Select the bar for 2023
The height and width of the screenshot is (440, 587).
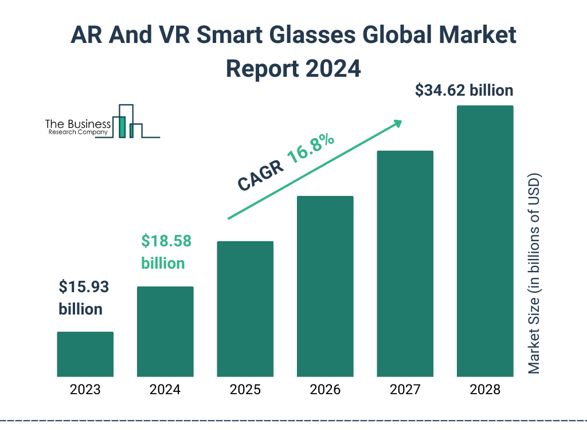pyautogui.click(x=85, y=354)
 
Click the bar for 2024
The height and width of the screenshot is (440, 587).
pyautogui.click(x=165, y=331)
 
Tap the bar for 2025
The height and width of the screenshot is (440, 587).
pyautogui.click(x=245, y=309)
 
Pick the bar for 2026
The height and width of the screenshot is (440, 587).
pyautogui.click(x=325, y=286)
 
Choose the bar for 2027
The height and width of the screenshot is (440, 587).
pyautogui.click(x=405, y=264)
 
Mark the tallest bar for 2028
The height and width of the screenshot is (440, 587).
pyautogui.click(x=485, y=241)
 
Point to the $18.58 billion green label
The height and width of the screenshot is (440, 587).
pyautogui.click(x=166, y=252)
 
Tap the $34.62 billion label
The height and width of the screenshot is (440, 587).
pyautogui.click(x=464, y=91)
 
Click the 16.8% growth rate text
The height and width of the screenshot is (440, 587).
pyautogui.click(x=311, y=149)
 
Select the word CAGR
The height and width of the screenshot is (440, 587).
pyautogui.click(x=261, y=175)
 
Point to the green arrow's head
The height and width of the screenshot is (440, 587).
pyautogui.click(x=396, y=123)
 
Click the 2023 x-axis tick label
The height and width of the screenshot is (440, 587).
pyautogui.click(x=85, y=390)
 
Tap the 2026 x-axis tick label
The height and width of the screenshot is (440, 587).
pyautogui.click(x=325, y=390)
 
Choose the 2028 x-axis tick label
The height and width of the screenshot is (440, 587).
pyautogui.click(x=485, y=390)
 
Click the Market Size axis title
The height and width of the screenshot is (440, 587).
pyautogui.click(x=534, y=273)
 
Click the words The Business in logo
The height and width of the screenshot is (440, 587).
pyautogui.click(x=78, y=124)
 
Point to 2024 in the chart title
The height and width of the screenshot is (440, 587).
pyautogui.click(x=333, y=69)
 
